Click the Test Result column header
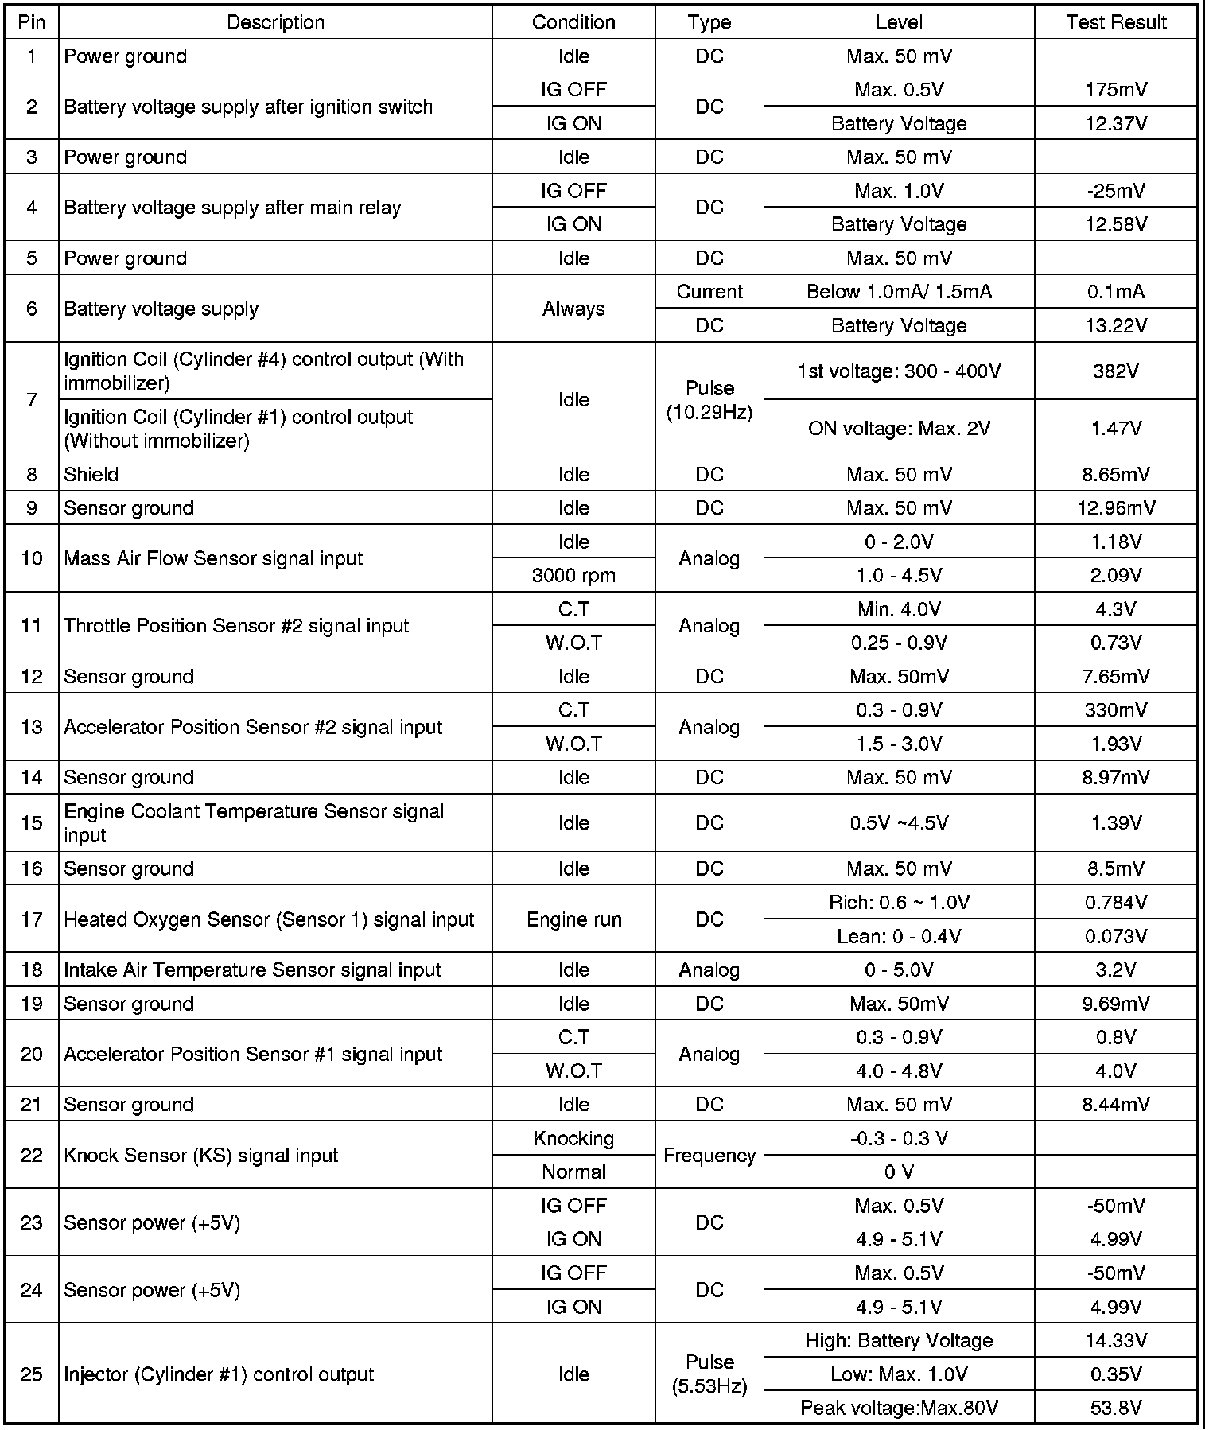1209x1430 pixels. click(x=1115, y=22)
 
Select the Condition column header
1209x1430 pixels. click(x=573, y=22)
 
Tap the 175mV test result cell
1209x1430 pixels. click(x=1115, y=90)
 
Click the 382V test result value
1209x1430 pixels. click(x=1115, y=371)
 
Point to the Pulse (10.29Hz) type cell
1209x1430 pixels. click(x=709, y=400)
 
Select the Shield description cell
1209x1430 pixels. click(x=91, y=474)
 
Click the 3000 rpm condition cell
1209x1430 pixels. click(x=573, y=575)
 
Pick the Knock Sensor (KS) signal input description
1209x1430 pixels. click(x=201, y=1155)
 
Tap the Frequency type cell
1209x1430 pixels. click(x=709, y=1155)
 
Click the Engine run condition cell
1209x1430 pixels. click(x=573, y=919)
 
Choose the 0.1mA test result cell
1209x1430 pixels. click(x=1115, y=292)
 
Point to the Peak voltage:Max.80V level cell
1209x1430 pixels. click(x=899, y=1408)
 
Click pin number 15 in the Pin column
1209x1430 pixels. click(x=32, y=822)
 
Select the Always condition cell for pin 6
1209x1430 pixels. click(x=573, y=309)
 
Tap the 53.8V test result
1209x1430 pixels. click(x=1115, y=1408)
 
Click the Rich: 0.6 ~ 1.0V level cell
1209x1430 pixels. click(x=899, y=902)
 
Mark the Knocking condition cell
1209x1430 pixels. click(x=573, y=1138)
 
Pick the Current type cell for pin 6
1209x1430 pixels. click(x=709, y=292)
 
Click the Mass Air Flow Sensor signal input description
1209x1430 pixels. click(x=213, y=558)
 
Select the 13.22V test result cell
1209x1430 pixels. click(x=1115, y=325)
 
